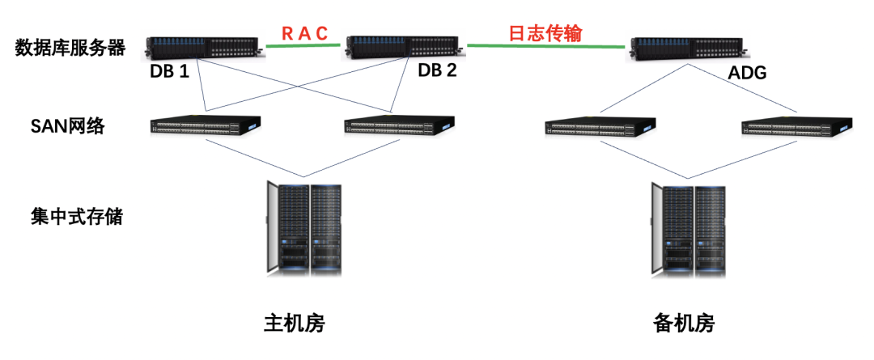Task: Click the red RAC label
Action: (x=304, y=33)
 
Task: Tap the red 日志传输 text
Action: (x=545, y=33)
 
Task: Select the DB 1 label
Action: (x=169, y=71)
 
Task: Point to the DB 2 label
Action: (x=437, y=70)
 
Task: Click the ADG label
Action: (x=747, y=74)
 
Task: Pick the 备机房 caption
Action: (x=684, y=324)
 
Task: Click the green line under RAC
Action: (x=304, y=45)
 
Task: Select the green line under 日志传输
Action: (x=547, y=45)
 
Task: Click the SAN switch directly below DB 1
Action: (x=206, y=125)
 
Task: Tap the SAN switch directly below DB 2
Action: (x=399, y=126)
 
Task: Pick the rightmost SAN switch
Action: (x=797, y=127)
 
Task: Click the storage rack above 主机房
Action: (x=304, y=228)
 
